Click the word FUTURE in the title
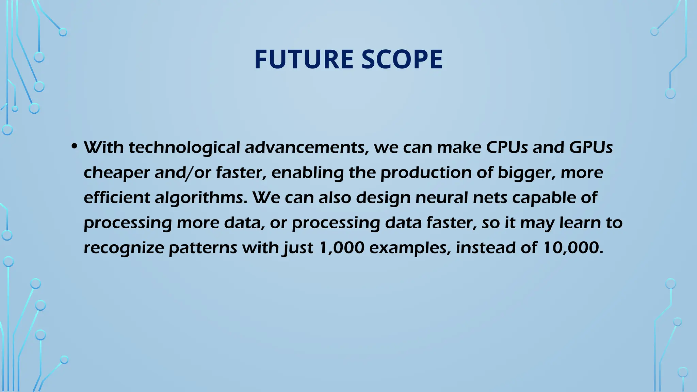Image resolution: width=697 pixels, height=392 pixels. pos(304,60)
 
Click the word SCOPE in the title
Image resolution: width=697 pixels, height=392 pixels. pos(402,60)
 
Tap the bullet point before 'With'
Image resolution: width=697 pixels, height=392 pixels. pos(74,147)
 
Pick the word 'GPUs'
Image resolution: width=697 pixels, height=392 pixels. pos(591,147)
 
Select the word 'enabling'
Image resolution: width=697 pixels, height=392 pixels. pos(307,173)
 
